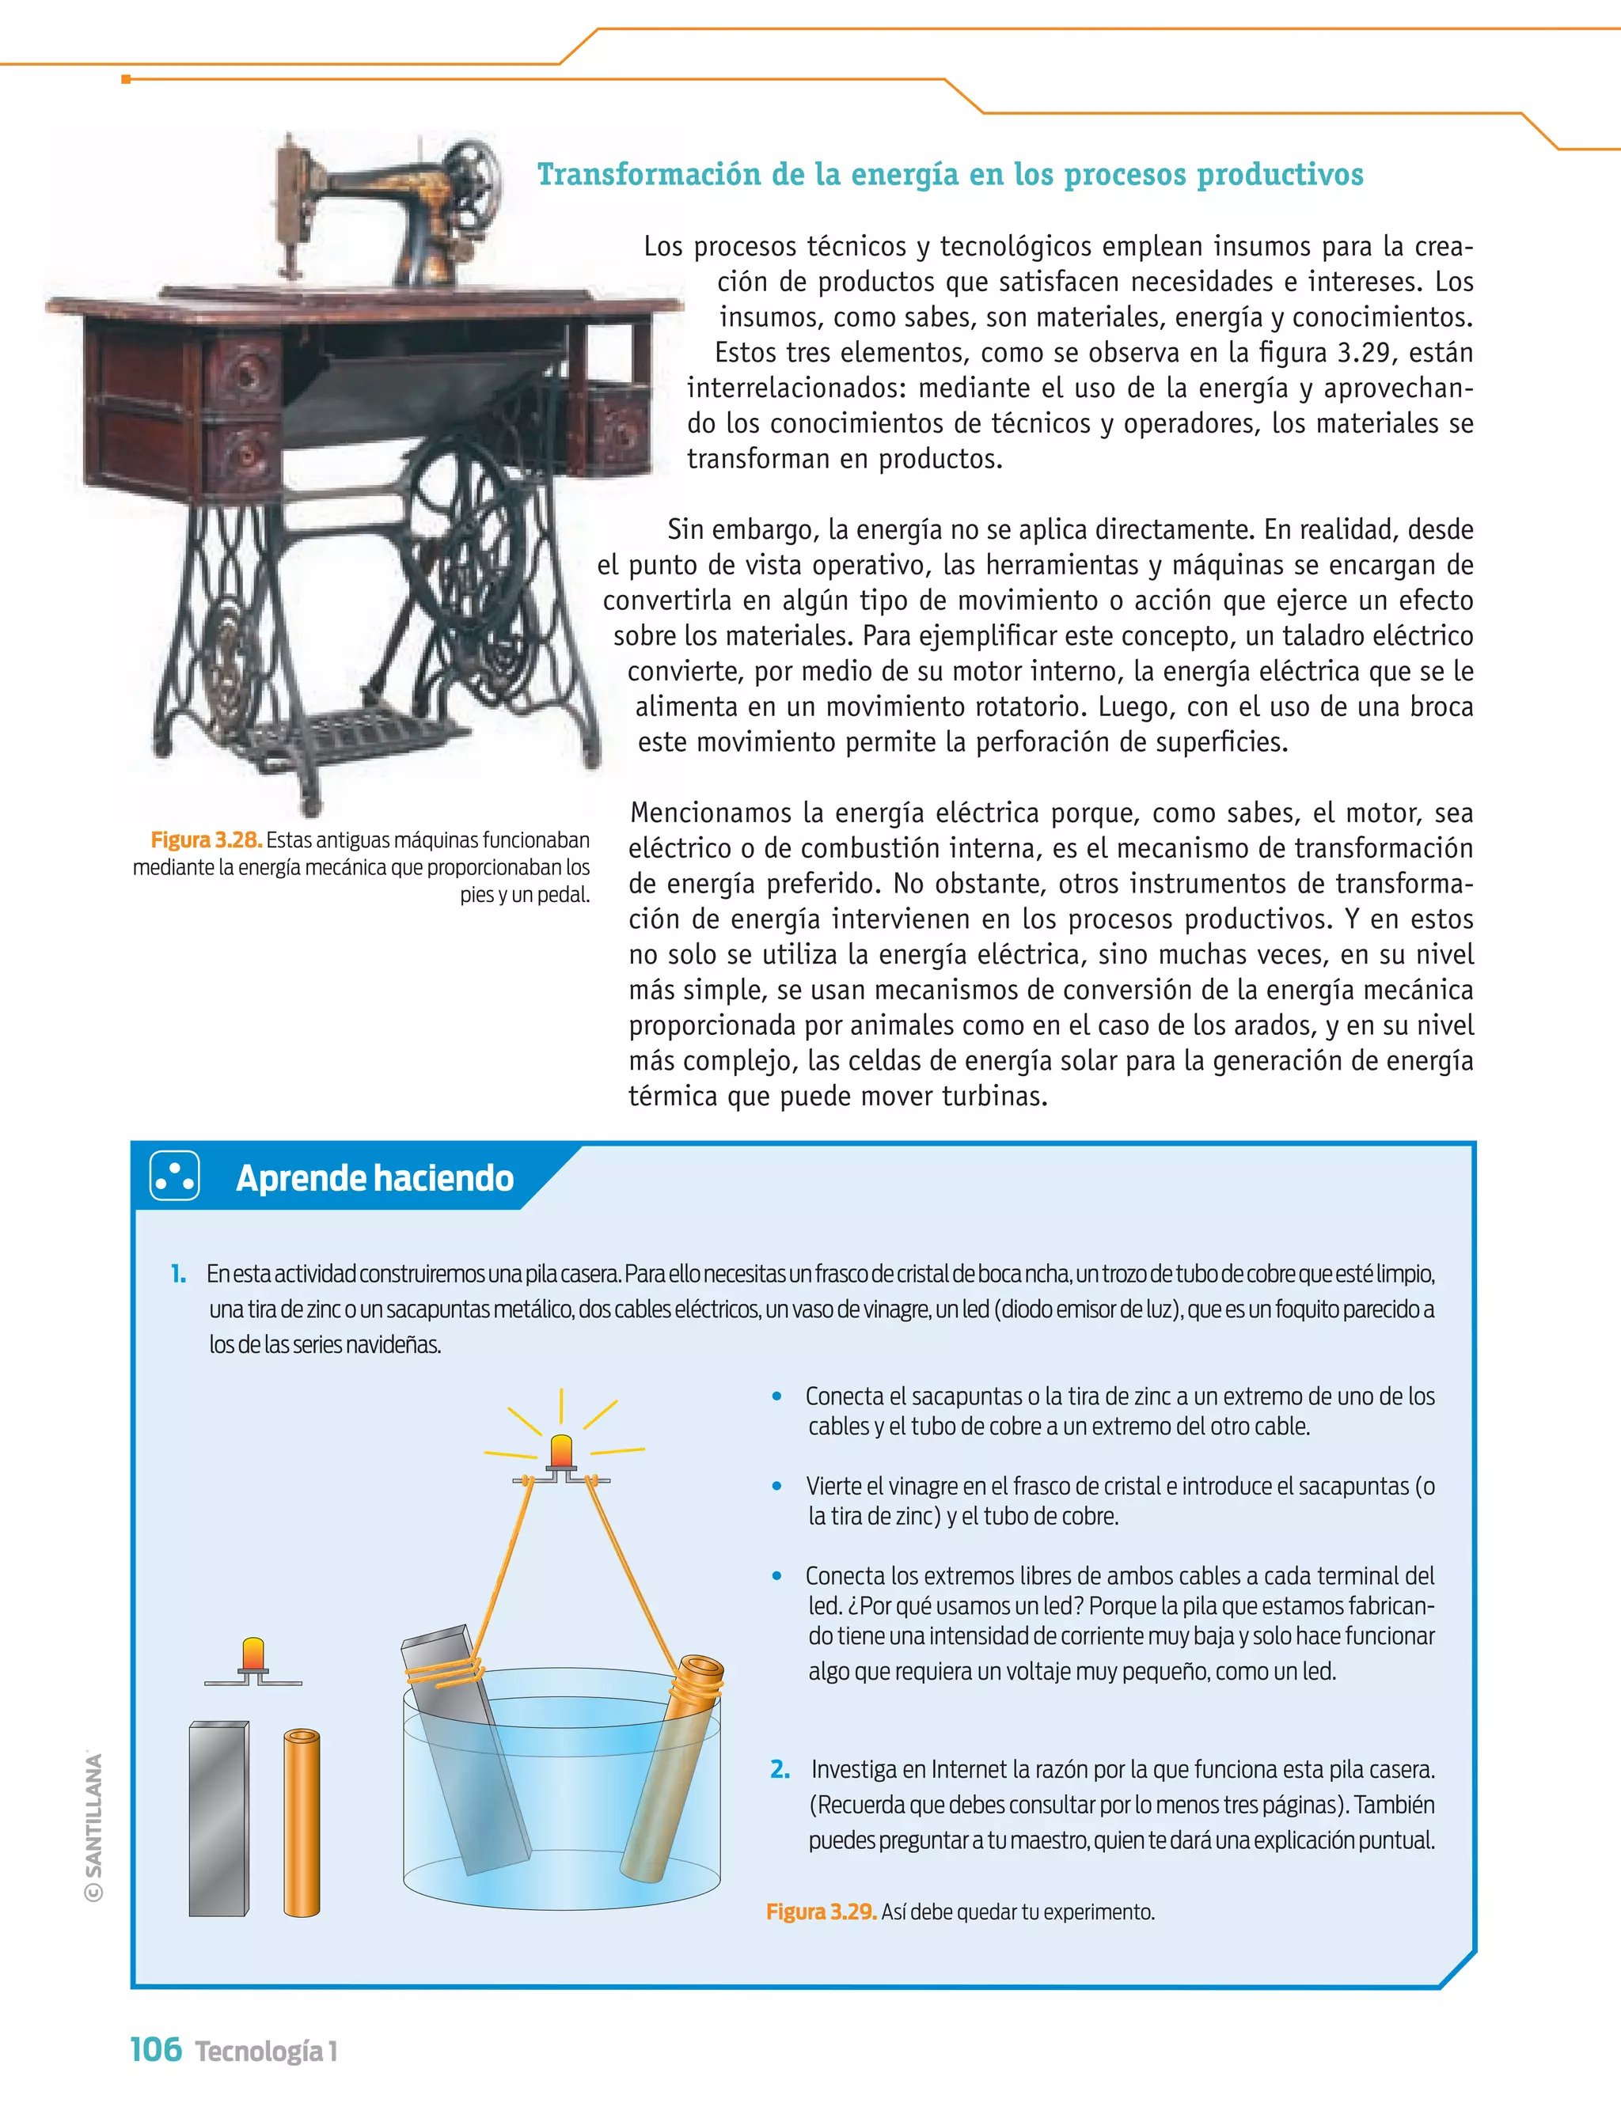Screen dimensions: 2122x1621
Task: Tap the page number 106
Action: pos(155,2048)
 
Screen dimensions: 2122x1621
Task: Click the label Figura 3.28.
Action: pos(206,840)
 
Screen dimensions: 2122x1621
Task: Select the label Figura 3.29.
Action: pos(820,1912)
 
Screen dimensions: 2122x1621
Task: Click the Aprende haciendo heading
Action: pos(374,1178)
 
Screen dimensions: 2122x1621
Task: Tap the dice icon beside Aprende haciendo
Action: pos(175,1176)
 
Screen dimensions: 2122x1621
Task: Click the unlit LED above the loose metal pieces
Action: pos(252,1655)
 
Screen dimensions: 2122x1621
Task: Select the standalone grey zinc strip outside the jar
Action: pos(218,1818)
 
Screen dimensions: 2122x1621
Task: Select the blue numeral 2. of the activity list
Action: pos(780,1769)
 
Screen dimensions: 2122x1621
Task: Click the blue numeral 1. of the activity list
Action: pos(179,1273)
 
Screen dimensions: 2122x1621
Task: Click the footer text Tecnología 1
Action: pos(266,2052)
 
